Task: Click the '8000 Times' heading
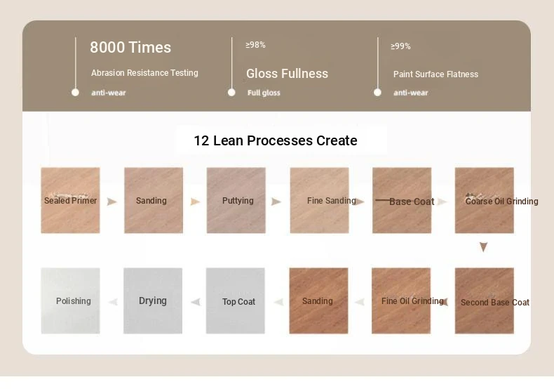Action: pos(130,47)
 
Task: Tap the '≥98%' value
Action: pos(255,45)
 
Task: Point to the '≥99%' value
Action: pos(400,46)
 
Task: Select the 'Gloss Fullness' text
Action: pos(288,74)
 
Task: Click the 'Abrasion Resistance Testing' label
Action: pos(144,73)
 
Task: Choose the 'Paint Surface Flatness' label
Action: pos(435,74)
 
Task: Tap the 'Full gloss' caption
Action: pos(264,93)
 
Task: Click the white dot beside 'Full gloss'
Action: pos(231,92)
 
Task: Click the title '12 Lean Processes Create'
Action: pos(276,140)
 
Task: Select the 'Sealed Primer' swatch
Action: pos(70,201)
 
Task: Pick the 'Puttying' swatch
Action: pos(236,201)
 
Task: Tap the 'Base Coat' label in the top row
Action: pos(412,202)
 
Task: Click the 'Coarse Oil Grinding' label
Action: pos(501,202)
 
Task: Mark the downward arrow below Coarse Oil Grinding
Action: pos(483,247)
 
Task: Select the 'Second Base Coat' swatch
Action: pos(485,301)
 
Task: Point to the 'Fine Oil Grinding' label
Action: pos(412,301)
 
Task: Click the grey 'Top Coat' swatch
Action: pos(236,301)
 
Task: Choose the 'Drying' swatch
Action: pos(153,301)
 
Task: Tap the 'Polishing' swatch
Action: pos(70,301)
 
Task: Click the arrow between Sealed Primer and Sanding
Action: pos(112,202)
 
